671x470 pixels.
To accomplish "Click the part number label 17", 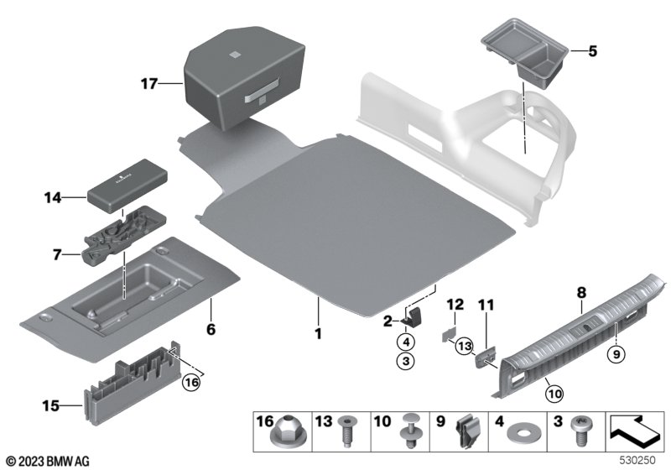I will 149,83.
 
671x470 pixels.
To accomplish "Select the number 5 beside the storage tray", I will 593,51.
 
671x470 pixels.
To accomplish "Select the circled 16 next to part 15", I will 192,381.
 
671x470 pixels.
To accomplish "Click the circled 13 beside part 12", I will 464,344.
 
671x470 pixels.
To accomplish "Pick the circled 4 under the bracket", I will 405,342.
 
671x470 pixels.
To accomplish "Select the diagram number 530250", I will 637,461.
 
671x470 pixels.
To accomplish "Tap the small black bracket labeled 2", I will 411,316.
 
